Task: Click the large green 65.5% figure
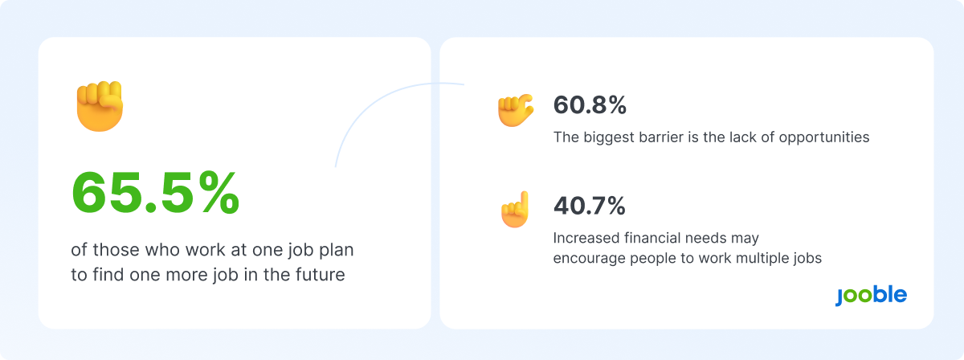155,193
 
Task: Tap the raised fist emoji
100,106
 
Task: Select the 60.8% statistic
590,105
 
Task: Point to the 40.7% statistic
589,206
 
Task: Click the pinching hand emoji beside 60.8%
516,110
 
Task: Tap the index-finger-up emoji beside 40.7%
515,209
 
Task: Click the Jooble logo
871,296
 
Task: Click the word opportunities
824,137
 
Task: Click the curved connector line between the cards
374,101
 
